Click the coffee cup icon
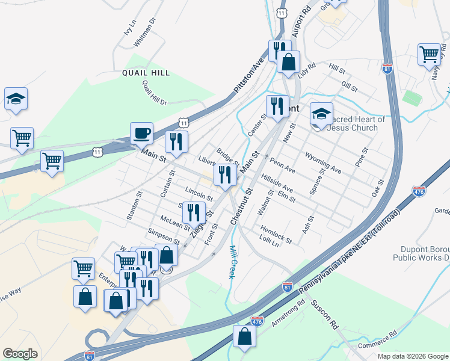tap(141, 132)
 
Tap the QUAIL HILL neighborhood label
tap(146, 73)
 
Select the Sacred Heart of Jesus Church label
tap(356, 123)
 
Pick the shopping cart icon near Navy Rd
tap(430, 54)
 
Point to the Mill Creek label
tap(231, 262)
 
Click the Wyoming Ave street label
tap(324, 162)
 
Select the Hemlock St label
tap(276, 234)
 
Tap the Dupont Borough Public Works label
tap(421, 253)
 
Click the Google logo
tap(20, 354)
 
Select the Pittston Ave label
tap(249, 75)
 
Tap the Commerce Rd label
tap(377, 341)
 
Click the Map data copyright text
tap(413, 356)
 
